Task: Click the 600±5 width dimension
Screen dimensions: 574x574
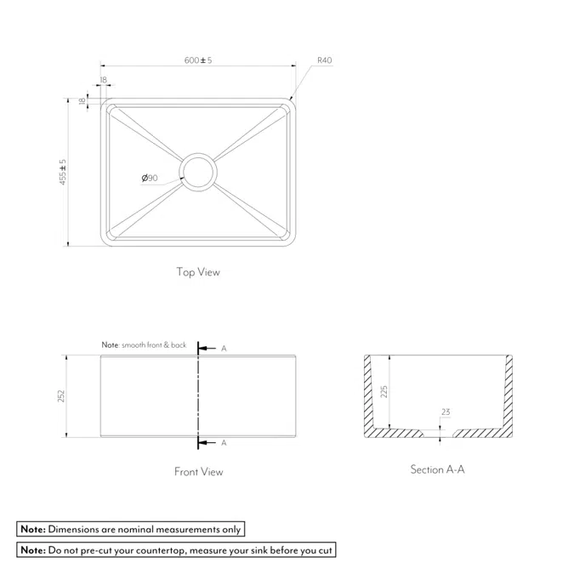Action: pyautogui.click(x=198, y=60)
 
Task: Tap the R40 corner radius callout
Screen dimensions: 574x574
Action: pyautogui.click(x=324, y=60)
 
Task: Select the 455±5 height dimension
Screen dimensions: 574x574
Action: pyautogui.click(x=63, y=172)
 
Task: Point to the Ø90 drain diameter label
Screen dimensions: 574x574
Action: pyautogui.click(x=150, y=178)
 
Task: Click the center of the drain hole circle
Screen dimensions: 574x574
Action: pyautogui.click(x=198, y=172)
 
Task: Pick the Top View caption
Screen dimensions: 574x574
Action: pyautogui.click(x=198, y=272)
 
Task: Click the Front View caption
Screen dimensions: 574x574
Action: pyautogui.click(x=198, y=471)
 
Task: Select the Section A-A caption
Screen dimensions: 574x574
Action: pyautogui.click(x=437, y=469)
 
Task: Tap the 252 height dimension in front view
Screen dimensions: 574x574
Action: pyautogui.click(x=60, y=396)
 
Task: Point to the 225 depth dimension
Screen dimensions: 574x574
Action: pyautogui.click(x=384, y=391)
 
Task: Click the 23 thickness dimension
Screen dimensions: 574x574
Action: pyautogui.click(x=446, y=412)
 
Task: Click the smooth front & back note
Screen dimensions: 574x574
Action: pyautogui.click(x=144, y=345)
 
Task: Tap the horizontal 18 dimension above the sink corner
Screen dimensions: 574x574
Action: pyautogui.click(x=103, y=79)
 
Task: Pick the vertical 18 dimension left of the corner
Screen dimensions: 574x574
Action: pyautogui.click(x=82, y=100)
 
